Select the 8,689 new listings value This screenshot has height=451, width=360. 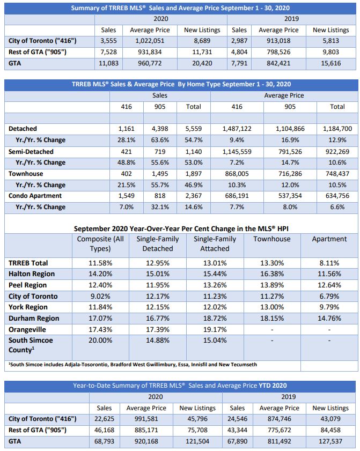coord(201,41)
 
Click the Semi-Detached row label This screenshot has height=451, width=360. coord(31,151)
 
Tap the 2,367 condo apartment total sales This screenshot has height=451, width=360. coord(194,196)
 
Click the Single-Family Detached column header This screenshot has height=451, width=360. coord(158,243)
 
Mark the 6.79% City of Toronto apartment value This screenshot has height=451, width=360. coord(329,297)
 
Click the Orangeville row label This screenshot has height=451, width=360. coord(27,330)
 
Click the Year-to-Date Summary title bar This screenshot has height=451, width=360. coord(179,386)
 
